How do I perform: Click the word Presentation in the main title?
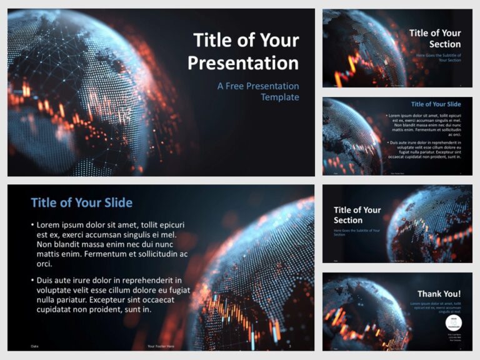point(243,63)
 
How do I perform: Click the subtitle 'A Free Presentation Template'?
point(258,91)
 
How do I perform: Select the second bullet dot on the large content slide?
point(32,281)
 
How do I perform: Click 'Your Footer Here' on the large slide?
point(161,346)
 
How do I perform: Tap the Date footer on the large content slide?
point(34,346)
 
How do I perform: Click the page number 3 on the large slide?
point(289,346)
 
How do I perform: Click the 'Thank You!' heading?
point(439,294)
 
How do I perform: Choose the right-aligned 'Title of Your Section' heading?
point(435,38)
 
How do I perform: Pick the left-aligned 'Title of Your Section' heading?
point(357,215)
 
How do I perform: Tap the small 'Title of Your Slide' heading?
point(436,104)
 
